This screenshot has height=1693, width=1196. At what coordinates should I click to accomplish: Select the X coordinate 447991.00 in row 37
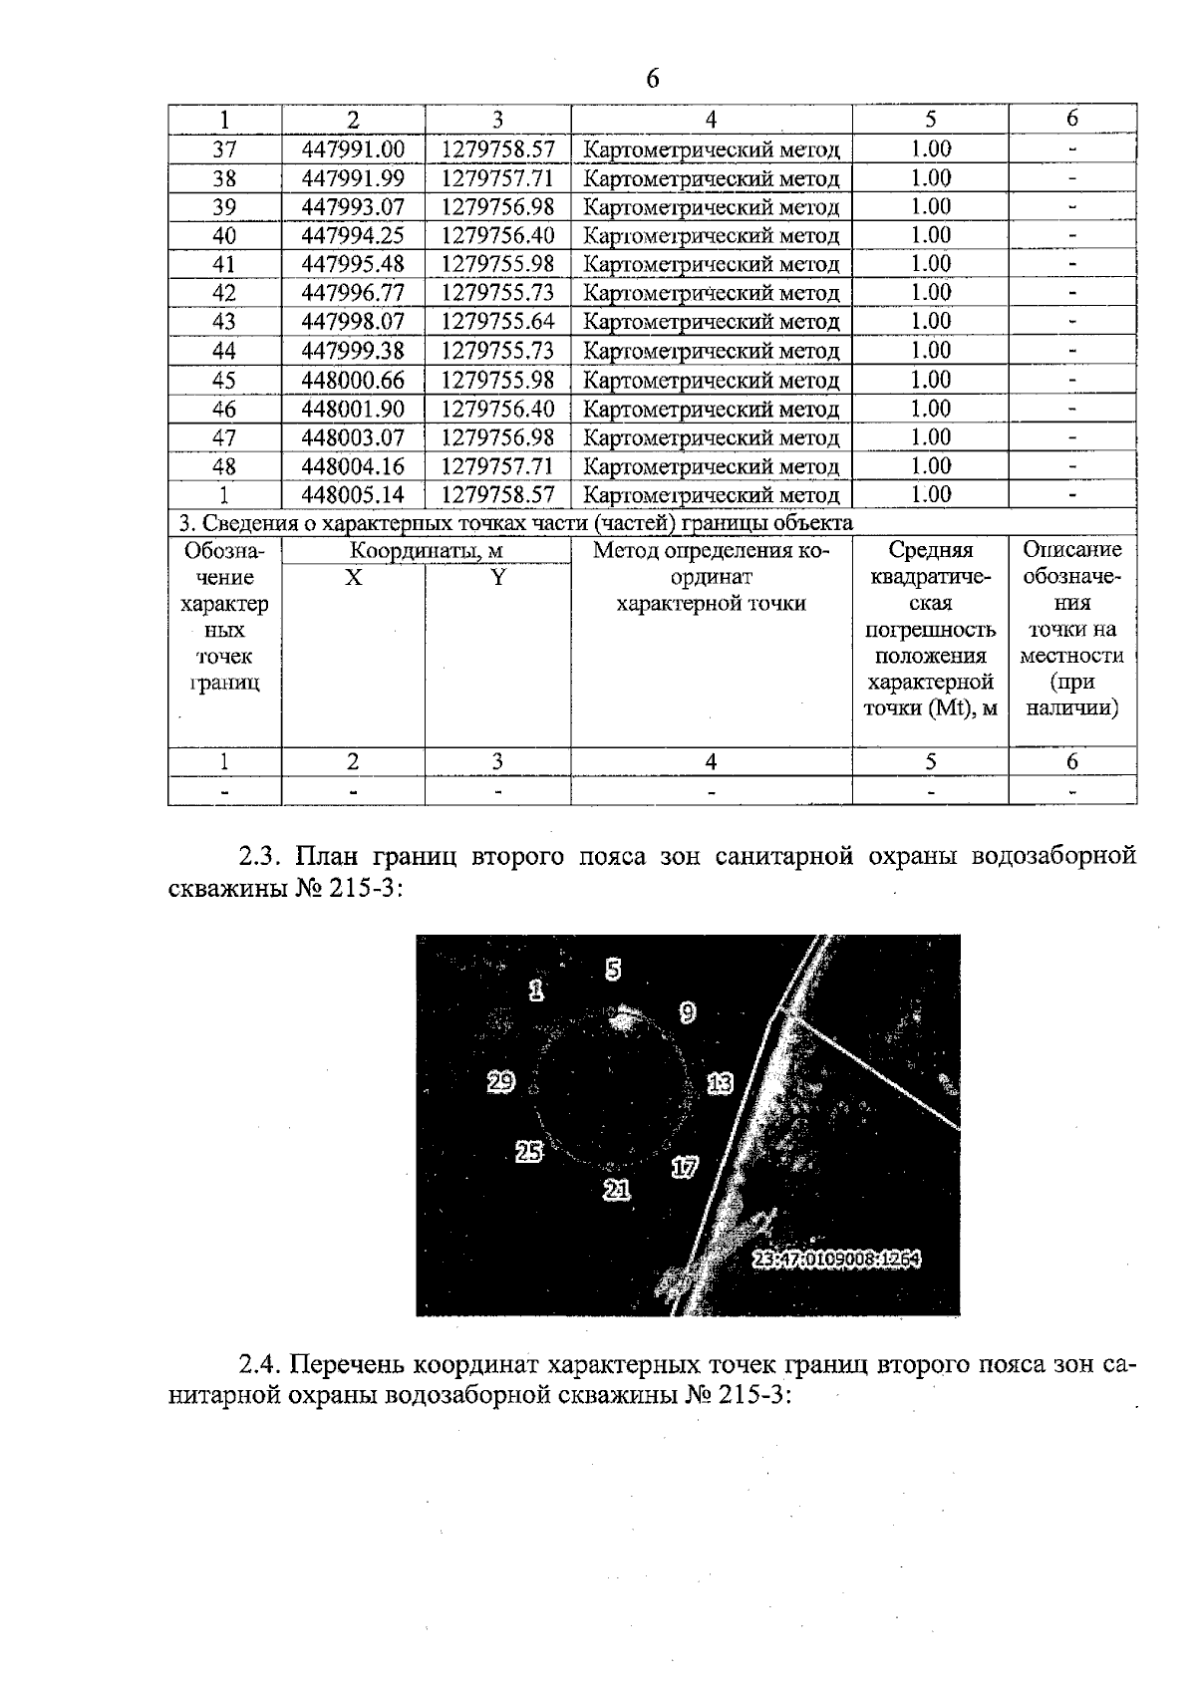pos(353,149)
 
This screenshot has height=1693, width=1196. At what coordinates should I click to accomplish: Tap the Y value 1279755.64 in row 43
pos(497,322)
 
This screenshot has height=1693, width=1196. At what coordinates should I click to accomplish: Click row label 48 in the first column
pos(224,466)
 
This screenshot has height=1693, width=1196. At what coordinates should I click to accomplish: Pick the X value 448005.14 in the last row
pos(353,495)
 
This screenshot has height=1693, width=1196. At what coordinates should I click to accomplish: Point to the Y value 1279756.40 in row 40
pos(497,236)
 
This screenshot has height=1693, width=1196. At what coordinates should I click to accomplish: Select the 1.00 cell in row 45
pos(930,380)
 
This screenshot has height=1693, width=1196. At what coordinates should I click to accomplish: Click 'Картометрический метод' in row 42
pos(711,293)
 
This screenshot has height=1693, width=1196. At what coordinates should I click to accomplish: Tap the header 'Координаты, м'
pos(426,551)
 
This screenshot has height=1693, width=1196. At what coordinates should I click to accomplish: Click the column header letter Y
pos(497,577)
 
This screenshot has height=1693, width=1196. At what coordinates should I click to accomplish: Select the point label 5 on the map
pos(613,969)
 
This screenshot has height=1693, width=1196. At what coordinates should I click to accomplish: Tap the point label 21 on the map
pos(618,1189)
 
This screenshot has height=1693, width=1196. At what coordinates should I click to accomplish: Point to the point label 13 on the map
pos(720,1083)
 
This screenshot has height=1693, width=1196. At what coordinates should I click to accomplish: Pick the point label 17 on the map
pos(685,1167)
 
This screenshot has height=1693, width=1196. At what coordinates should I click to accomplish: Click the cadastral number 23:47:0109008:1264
pos(836,1260)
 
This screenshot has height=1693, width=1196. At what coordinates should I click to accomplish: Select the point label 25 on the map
pos(528,1152)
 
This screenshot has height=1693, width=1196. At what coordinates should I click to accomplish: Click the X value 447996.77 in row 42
pos(353,293)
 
